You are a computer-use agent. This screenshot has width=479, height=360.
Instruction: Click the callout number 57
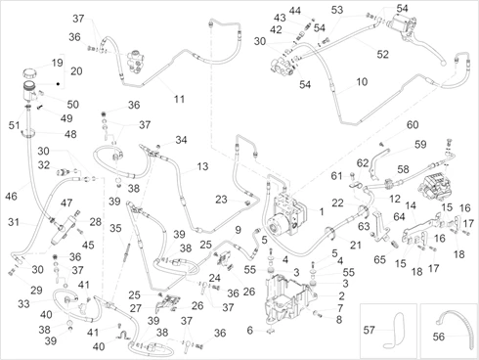[x=370, y=330]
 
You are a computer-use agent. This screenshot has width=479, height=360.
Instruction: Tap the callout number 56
[x=439, y=337]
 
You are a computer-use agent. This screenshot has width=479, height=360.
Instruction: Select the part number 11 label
[x=179, y=99]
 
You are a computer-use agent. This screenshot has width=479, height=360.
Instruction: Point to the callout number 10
[x=362, y=81]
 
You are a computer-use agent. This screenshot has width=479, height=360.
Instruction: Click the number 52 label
[x=383, y=54]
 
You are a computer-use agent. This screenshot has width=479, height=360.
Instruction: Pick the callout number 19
[x=58, y=63]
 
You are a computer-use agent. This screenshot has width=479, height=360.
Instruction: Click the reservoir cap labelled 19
[x=29, y=73]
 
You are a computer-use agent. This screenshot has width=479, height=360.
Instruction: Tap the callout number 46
[x=11, y=196]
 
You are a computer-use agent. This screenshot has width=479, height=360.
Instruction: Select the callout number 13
[x=202, y=166]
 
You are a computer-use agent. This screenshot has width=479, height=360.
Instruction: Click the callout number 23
[x=221, y=200]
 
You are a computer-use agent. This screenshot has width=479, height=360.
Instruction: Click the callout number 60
[x=413, y=124]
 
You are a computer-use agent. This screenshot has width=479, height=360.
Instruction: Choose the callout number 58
[x=403, y=169]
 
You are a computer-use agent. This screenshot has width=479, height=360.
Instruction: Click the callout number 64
[x=399, y=216]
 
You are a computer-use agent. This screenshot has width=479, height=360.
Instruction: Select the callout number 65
[x=380, y=260]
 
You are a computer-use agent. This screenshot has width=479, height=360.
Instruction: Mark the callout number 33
[x=23, y=304]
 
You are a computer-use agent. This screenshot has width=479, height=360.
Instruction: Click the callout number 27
[x=136, y=308]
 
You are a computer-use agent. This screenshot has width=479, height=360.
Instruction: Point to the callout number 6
[x=249, y=331]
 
